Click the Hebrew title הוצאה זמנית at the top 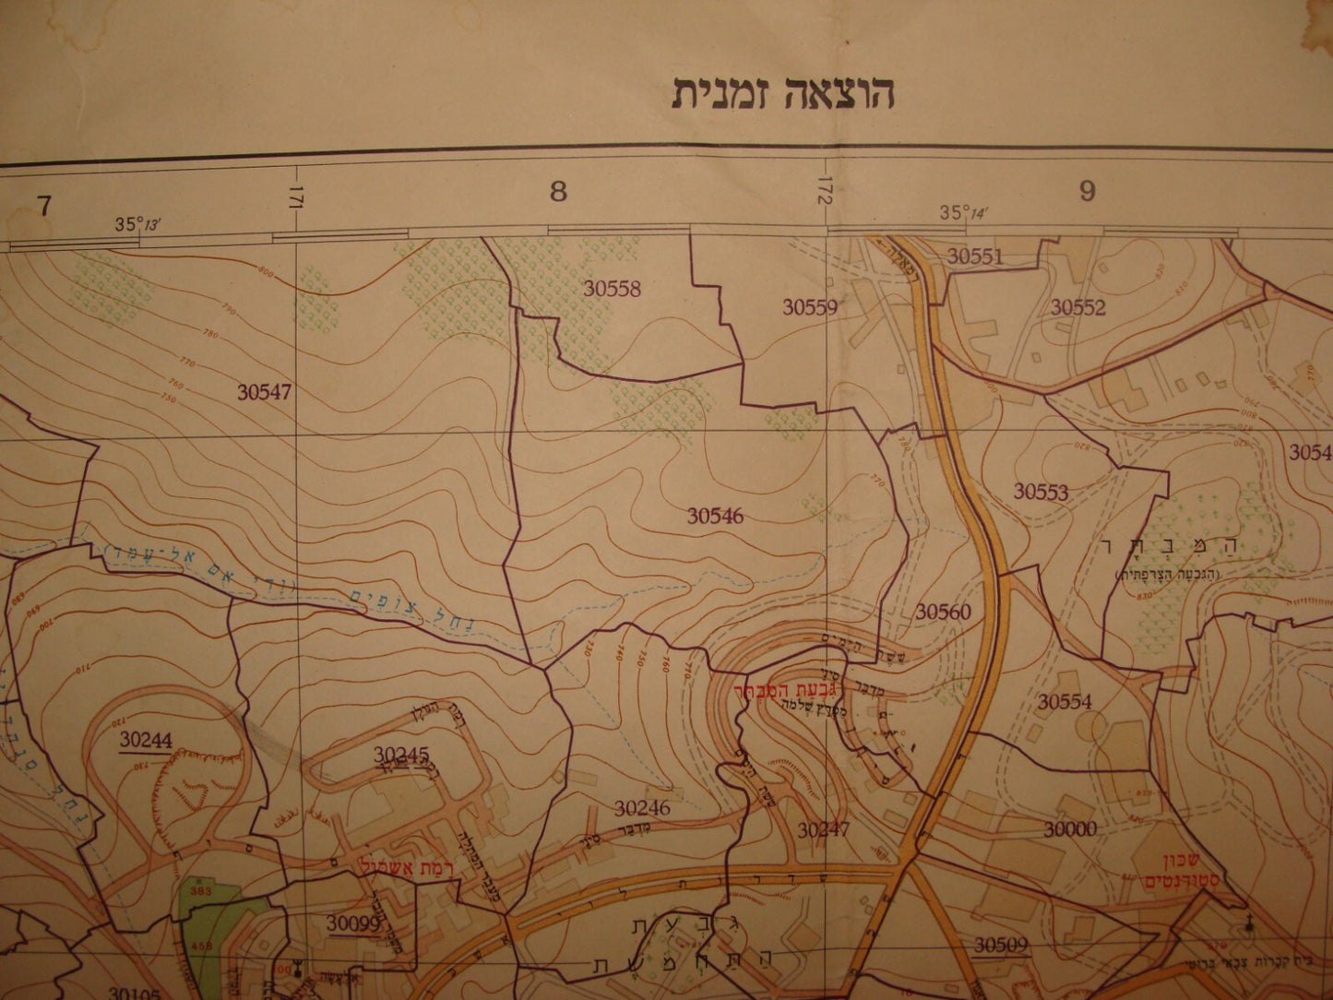(783, 93)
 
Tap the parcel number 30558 (612, 289)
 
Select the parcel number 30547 (264, 392)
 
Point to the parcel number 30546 (715, 516)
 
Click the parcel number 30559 (810, 307)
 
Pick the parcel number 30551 (975, 257)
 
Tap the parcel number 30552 (1077, 308)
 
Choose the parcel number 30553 (1041, 492)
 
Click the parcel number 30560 (943, 612)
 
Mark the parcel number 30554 (1064, 702)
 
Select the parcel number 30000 (1070, 829)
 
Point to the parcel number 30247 (823, 830)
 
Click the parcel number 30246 (642, 808)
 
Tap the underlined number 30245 (401, 755)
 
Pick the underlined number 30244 (146, 739)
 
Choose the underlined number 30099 (353, 923)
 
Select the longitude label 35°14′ (963, 213)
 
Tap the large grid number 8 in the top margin (557, 192)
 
